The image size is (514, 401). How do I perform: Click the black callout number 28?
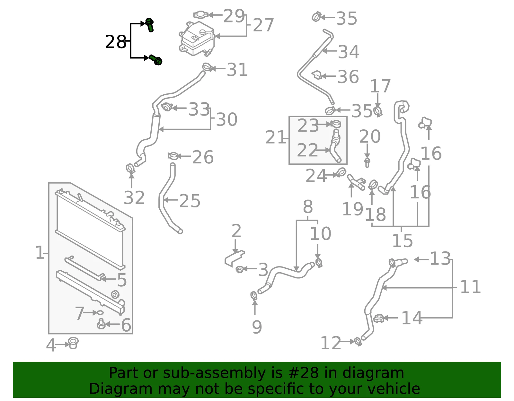(x=115, y=42)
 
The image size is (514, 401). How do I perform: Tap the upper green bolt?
(x=149, y=25)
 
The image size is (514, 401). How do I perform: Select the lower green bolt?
(x=155, y=60)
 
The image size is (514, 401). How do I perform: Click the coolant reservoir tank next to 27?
(x=197, y=39)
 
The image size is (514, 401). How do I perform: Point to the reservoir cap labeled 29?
(x=201, y=15)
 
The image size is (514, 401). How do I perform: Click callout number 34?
(x=349, y=52)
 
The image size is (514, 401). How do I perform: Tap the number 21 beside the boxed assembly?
(x=276, y=137)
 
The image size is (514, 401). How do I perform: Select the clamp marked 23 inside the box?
(x=336, y=124)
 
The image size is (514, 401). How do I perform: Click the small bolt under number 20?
(x=367, y=162)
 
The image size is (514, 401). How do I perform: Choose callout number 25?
(x=190, y=201)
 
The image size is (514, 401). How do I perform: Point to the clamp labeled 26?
(x=173, y=156)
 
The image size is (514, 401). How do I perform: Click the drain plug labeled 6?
(x=102, y=324)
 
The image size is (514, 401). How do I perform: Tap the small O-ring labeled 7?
(x=100, y=313)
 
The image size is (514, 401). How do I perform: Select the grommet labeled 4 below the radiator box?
(x=73, y=343)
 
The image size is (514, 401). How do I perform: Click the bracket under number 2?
(x=234, y=258)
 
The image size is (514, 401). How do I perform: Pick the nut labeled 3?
(x=240, y=269)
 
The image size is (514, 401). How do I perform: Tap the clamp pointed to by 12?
(x=358, y=342)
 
